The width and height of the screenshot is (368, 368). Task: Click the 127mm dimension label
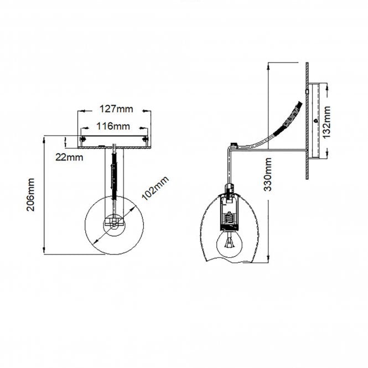pyautogui.click(x=116, y=109)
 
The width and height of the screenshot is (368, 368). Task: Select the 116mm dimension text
pyautogui.click(x=113, y=126)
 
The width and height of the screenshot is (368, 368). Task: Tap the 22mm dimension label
pyautogui.click(x=69, y=157)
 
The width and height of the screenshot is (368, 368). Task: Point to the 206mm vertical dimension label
pyautogui.click(x=30, y=195)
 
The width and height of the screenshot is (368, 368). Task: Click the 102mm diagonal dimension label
pyautogui.click(x=155, y=188)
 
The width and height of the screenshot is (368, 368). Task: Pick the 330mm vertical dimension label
pyautogui.click(x=268, y=174)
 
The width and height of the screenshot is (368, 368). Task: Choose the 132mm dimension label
pyautogui.click(x=326, y=122)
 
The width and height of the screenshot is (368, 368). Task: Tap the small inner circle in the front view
pyautogui.click(x=114, y=225)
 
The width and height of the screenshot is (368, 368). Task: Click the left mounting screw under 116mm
pyautogui.click(x=82, y=139)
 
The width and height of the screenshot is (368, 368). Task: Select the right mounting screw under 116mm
pyautogui.click(x=146, y=139)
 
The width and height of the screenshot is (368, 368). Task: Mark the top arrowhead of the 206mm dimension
pyautogui.click(x=44, y=140)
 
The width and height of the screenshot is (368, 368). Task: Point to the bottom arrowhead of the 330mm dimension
pyautogui.click(x=268, y=260)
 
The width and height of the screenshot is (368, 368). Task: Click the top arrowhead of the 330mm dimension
pyautogui.click(x=268, y=66)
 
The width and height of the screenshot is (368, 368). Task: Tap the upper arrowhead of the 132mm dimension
pyautogui.click(x=328, y=87)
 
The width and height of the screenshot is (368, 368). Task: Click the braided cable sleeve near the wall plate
pyautogui.click(x=288, y=119)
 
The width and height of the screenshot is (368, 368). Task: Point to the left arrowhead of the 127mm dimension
pyautogui.click(x=82, y=111)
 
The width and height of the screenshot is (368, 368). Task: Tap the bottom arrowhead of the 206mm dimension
pyautogui.click(x=44, y=250)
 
